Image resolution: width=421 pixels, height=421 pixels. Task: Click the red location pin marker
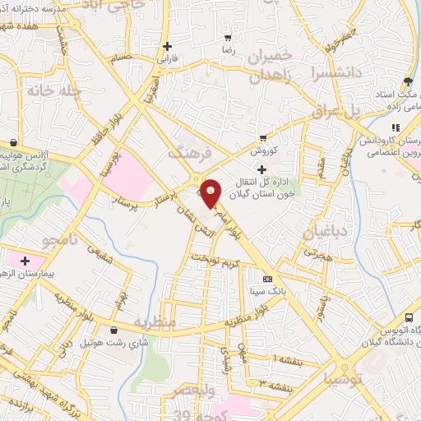[211, 192]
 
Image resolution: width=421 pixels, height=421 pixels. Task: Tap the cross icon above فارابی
[168, 46]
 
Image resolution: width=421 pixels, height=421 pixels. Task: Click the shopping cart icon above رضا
[229, 38]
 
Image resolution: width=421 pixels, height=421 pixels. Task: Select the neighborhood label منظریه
[153, 323]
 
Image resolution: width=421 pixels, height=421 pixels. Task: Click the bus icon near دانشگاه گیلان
[409, 317]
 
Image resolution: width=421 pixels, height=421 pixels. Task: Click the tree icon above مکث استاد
[407, 81]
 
